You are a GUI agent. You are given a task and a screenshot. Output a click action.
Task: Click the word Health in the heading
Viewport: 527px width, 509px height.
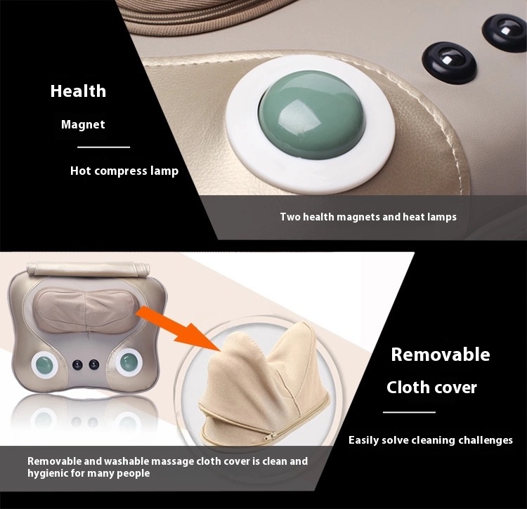[x=78, y=91]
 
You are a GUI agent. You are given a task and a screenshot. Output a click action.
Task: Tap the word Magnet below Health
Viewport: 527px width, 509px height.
[x=83, y=124]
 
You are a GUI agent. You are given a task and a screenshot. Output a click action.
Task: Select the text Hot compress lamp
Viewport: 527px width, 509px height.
[x=124, y=171]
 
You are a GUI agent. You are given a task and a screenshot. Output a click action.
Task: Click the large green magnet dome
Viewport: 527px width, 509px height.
[x=311, y=115]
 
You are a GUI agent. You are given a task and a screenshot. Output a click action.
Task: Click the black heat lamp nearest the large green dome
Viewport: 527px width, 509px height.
[x=449, y=62]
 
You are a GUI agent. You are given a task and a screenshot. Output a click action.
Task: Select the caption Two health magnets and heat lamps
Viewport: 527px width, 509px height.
[x=368, y=217]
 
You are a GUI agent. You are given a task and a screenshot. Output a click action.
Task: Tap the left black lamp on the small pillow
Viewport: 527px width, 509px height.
[x=77, y=364]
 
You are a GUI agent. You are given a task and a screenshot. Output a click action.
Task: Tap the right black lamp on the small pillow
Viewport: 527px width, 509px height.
[x=93, y=364]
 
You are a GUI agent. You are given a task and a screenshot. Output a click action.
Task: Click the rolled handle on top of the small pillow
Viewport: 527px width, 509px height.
[x=88, y=269]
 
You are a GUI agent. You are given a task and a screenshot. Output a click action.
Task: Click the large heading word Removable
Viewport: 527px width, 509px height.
[x=441, y=355]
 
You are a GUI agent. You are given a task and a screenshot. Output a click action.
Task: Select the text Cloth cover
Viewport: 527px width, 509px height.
[x=432, y=388]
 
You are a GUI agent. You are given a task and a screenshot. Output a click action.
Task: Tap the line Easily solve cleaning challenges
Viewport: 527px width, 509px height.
[x=431, y=440]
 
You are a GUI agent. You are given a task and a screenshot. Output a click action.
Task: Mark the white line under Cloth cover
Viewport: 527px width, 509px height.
[x=410, y=412]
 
